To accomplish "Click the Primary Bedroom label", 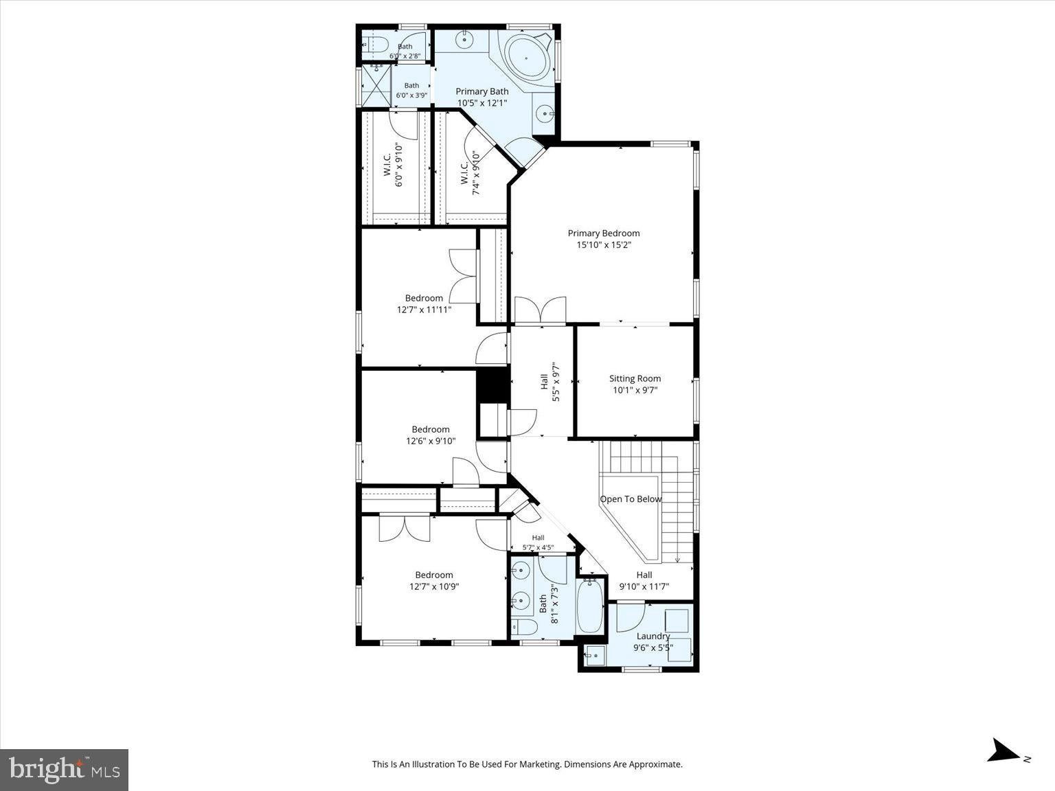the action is coord(604,233).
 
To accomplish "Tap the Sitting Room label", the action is coord(635,378).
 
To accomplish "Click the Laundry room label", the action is coord(653,637).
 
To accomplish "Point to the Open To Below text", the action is coord(631,499).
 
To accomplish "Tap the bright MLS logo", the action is coord(64,770).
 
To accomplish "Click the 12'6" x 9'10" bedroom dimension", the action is coord(431,441).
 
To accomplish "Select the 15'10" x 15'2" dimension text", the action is coord(604,245).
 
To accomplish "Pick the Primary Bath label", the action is coord(482,91).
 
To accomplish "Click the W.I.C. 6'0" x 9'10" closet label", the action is coord(393,165).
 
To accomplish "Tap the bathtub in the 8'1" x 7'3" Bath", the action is coord(590,606).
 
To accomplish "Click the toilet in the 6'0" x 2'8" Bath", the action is coord(377,45).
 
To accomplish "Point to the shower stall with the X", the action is coord(376,86).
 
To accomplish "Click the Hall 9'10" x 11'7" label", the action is coord(644,580).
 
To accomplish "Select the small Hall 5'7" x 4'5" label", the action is coord(538,542).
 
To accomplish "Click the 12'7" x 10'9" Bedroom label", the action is coord(434,580).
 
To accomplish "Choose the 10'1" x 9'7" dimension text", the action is coord(635,390).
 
